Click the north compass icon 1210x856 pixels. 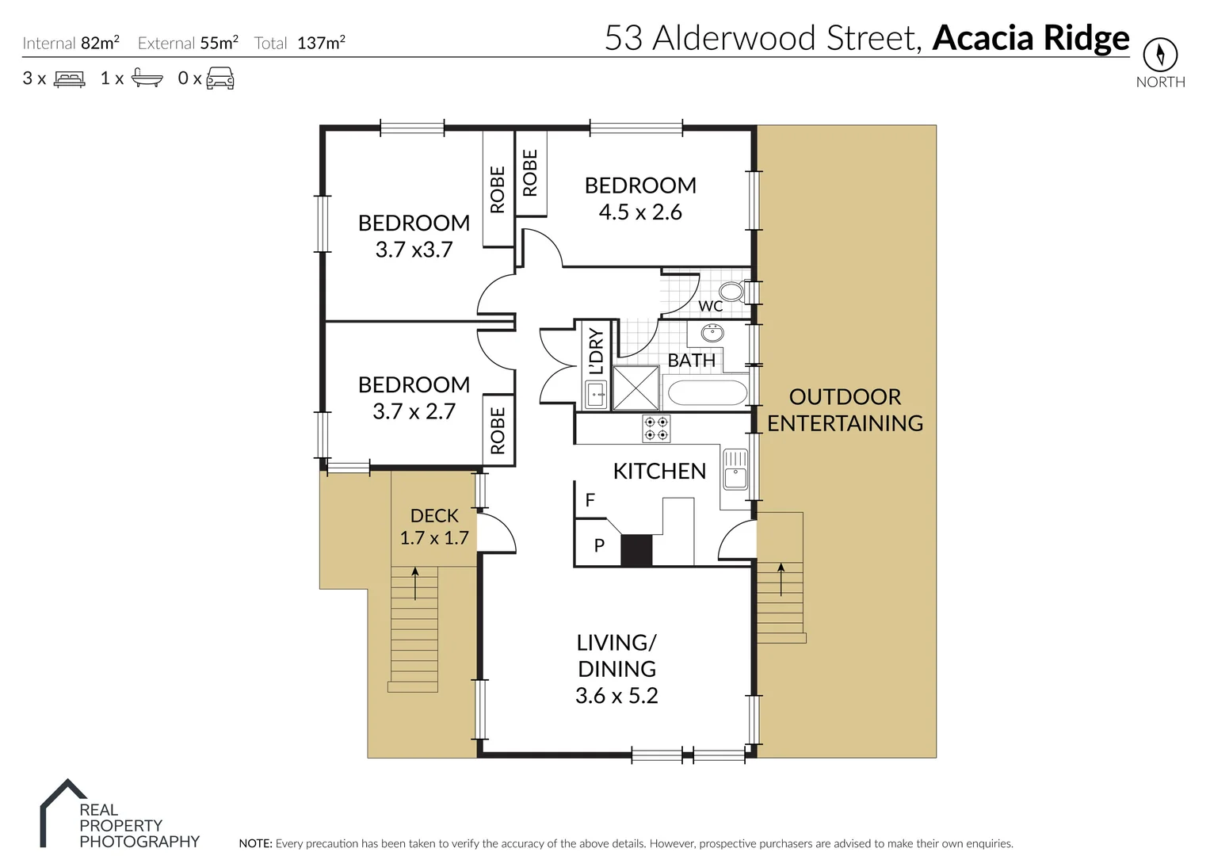point(1160,55)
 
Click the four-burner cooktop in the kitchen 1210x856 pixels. point(656,429)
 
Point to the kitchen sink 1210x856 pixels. point(735,469)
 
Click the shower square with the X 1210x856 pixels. point(636,388)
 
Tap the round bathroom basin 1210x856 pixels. point(712,332)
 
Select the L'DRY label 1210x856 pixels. point(596,352)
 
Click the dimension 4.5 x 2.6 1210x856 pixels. point(640,212)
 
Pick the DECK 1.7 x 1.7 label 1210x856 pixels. point(434,527)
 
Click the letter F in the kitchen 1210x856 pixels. point(590,500)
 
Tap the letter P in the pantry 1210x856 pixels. point(599,545)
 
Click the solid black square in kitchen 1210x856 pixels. point(636,550)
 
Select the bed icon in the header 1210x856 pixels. point(70,78)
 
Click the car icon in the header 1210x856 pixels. point(220,78)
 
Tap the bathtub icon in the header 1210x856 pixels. point(147,78)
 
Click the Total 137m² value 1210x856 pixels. point(321,44)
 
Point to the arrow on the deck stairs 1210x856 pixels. point(414,583)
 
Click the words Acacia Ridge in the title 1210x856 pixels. point(1030,38)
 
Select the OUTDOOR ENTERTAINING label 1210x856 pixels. point(845,410)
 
